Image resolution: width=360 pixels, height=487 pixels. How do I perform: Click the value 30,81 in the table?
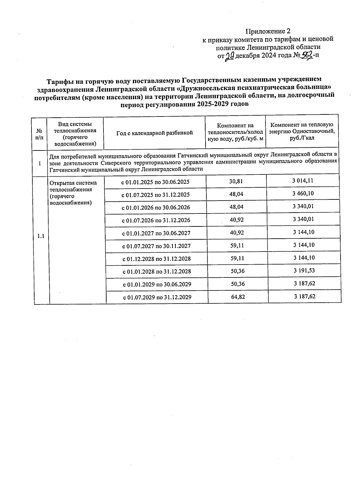point(236,181)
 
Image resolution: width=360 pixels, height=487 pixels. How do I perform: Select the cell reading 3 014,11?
point(303,181)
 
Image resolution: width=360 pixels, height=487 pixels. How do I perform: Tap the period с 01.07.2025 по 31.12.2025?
point(155,195)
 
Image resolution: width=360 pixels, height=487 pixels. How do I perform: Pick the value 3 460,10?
point(303,193)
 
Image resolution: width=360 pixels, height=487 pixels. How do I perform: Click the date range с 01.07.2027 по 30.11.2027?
point(156,246)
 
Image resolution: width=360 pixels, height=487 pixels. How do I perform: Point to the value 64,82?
point(238,297)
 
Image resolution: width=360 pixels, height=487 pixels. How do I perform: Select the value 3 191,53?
point(304,271)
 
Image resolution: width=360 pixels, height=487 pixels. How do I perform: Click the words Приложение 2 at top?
point(268,31)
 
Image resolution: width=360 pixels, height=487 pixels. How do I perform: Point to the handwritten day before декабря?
point(230,56)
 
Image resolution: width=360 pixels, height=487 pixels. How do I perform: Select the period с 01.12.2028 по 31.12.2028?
point(156,259)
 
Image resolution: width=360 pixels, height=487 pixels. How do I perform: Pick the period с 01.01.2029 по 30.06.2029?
point(157,284)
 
